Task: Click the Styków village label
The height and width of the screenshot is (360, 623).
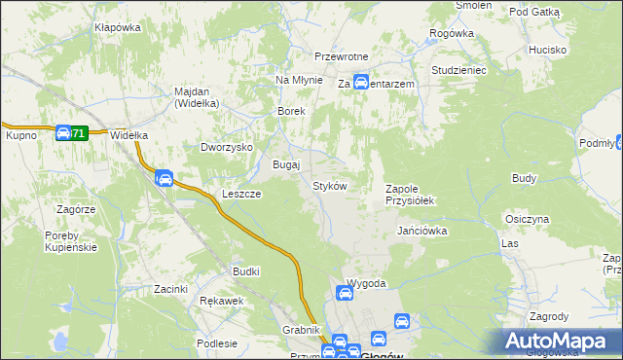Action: (x=329, y=186)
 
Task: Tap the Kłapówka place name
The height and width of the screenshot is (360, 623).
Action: (x=118, y=27)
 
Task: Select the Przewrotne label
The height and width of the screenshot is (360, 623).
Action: (x=339, y=56)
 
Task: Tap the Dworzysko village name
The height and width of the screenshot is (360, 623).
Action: (x=226, y=148)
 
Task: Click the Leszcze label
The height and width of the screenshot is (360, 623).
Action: (x=240, y=194)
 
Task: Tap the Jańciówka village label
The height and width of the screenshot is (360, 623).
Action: (x=421, y=232)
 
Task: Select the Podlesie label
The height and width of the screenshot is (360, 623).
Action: (x=216, y=343)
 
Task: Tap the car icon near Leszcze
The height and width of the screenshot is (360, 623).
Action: (x=165, y=178)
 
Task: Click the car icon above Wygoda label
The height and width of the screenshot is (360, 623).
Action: (x=345, y=292)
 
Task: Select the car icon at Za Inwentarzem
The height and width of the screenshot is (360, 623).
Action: (x=360, y=83)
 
